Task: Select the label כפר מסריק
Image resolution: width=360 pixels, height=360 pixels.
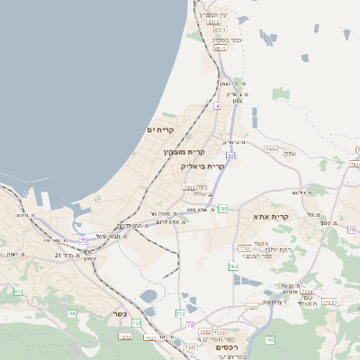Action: pos(220,39)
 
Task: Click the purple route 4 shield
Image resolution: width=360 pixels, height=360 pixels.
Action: pos(217,105)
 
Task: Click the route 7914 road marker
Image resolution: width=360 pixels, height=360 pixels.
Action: pos(271,148)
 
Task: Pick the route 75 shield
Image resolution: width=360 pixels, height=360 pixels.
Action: pos(84,240)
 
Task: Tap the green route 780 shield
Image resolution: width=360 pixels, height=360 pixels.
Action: pos(233,266)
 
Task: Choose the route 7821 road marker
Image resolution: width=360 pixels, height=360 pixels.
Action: pos(251,307)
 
